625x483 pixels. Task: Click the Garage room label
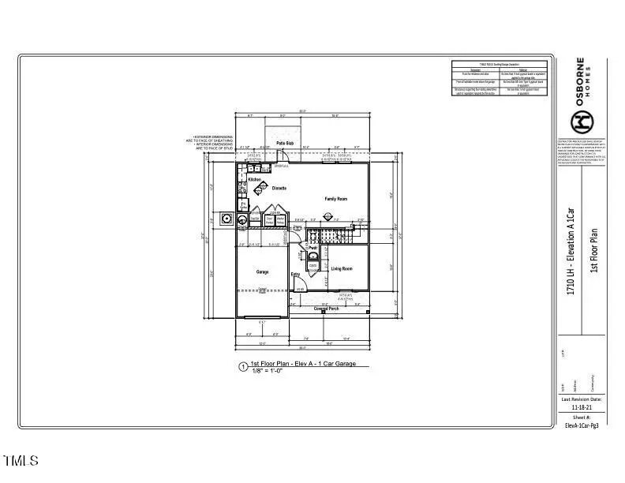tap(262, 272)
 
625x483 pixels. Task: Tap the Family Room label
tap(336, 199)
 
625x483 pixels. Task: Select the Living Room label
tap(341, 269)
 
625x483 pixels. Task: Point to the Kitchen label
tap(255, 180)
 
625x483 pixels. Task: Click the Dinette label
tap(279, 189)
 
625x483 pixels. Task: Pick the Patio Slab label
tap(285, 143)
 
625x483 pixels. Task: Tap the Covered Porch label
tap(331, 309)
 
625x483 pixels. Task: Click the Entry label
tap(296, 275)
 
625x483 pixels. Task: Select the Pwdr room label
tap(312, 249)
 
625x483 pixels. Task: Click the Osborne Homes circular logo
tap(582, 120)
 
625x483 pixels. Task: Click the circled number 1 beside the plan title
tap(243, 367)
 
